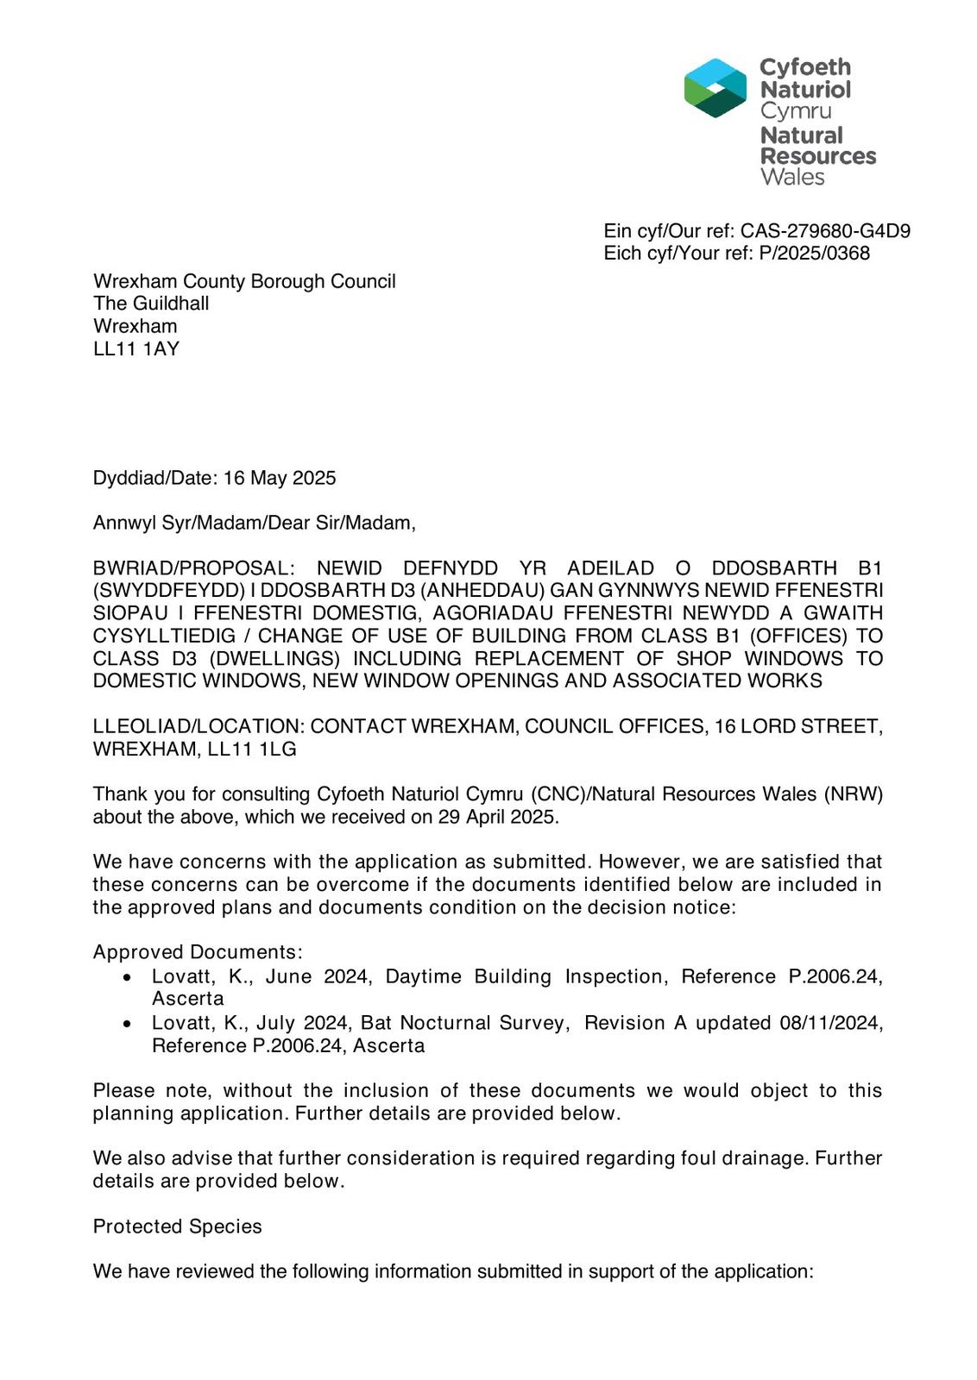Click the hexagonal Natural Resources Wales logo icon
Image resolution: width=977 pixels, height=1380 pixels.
tap(715, 88)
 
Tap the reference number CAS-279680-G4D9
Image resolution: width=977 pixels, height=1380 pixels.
tap(825, 231)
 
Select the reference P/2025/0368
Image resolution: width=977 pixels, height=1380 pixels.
tap(815, 254)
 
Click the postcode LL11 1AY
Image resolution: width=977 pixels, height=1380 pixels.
tap(136, 348)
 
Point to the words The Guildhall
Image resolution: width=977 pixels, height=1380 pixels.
tap(151, 304)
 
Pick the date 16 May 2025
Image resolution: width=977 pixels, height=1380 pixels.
tap(280, 478)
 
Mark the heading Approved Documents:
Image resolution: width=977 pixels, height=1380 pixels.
tap(198, 952)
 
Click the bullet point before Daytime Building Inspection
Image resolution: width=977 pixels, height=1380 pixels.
tap(128, 978)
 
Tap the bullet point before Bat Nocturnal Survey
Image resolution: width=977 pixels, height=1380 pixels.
tap(128, 1024)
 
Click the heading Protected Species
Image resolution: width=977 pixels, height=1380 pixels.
tap(177, 1226)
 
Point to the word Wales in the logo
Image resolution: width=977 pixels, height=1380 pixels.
tap(792, 178)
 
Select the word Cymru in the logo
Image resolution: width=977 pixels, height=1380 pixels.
tap(796, 111)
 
